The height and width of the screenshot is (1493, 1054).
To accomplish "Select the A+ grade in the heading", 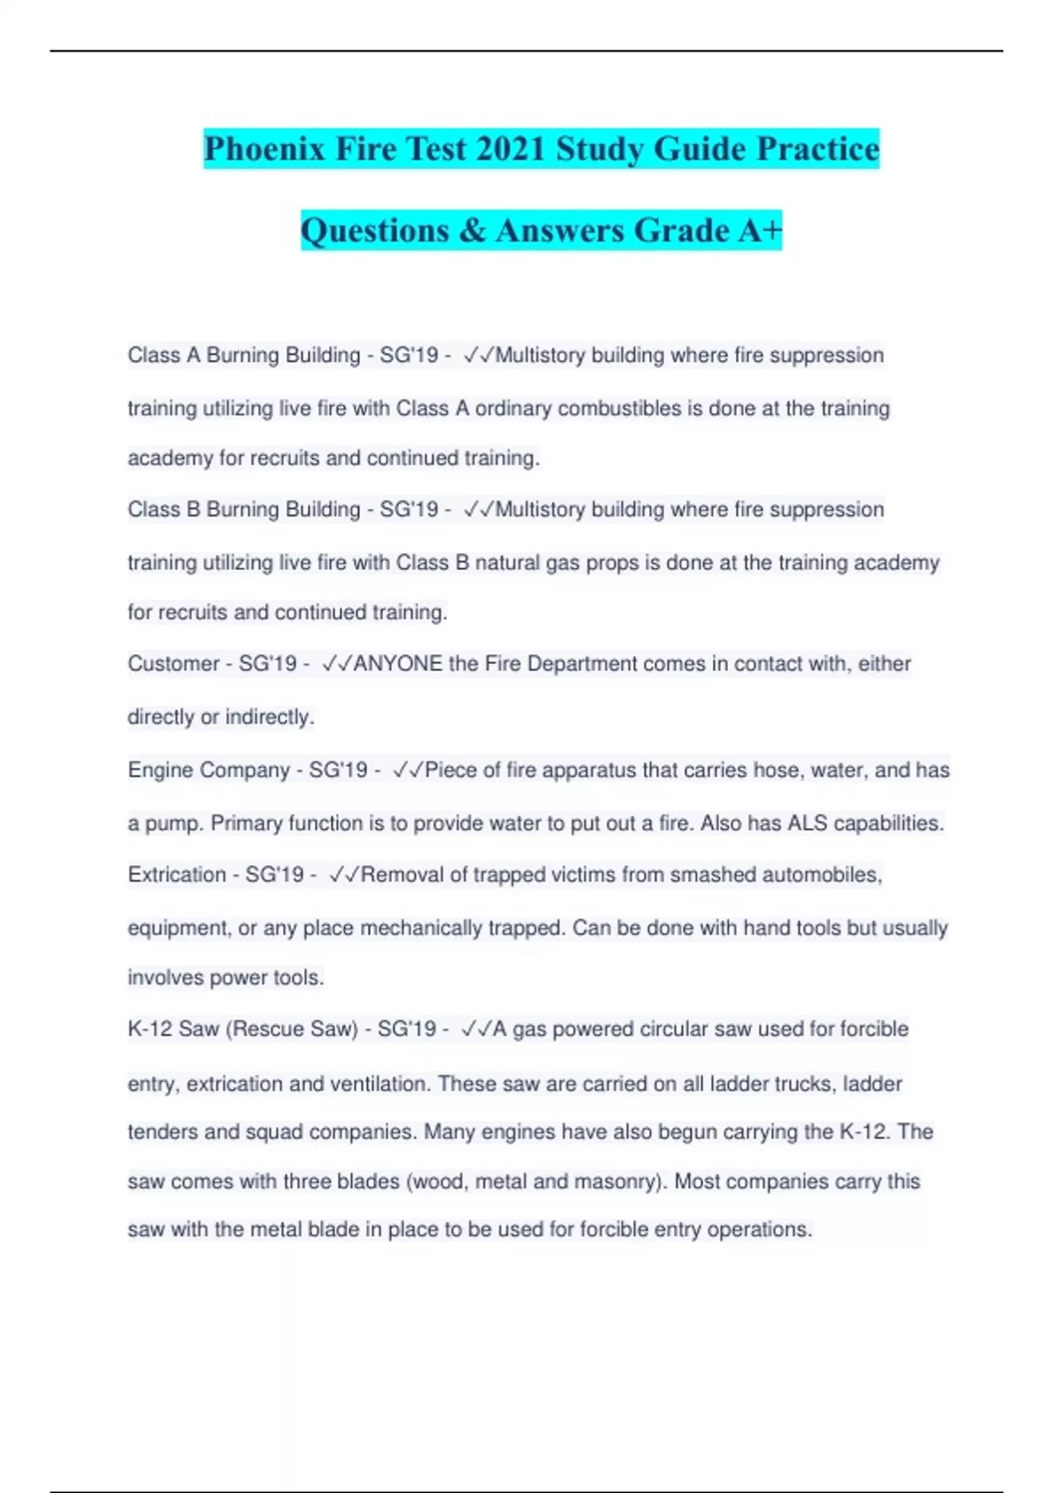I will (x=761, y=230).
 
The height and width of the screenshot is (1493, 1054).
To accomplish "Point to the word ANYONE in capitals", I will (x=398, y=664).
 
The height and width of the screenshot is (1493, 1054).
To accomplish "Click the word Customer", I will (x=172, y=664).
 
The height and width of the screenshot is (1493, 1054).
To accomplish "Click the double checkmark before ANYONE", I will (x=336, y=664).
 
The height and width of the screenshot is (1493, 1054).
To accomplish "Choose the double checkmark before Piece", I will (x=408, y=770).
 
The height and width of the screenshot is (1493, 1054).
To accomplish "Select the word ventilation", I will (x=379, y=1085).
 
